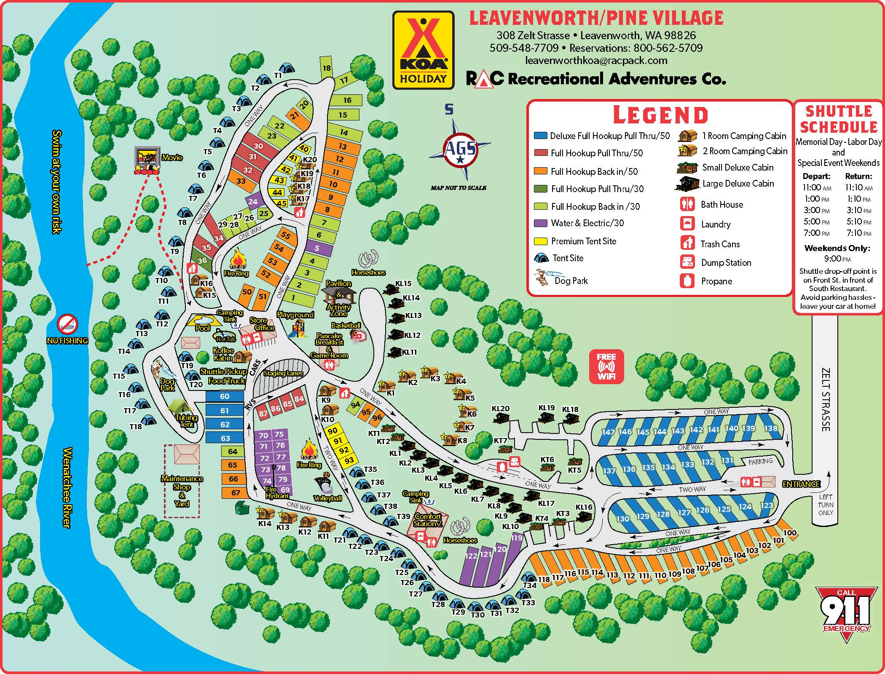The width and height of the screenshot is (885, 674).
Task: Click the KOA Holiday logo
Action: pyautogui.click(x=423, y=50)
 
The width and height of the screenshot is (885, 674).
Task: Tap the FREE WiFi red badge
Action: pyautogui.click(x=606, y=366)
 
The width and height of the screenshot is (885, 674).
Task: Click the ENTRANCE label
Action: pyautogui.click(x=801, y=484)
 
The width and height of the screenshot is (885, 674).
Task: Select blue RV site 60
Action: pyautogui.click(x=225, y=396)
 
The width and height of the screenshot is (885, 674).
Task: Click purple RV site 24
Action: pyautogui.click(x=252, y=202)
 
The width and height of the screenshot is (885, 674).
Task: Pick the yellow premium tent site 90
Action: pyautogui.click(x=333, y=431)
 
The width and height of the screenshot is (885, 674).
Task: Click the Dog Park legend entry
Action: pyautogui.click(x=571, y=281)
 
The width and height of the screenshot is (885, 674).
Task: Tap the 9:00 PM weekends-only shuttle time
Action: pyautogui.click(x=837, y=259)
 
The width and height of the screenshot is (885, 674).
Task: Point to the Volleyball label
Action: pyautogui.click(x=327, y=498)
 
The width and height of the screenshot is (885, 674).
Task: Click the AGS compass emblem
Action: pyautogui.click(x=460, y=148)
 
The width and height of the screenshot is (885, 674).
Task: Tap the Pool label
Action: pyautogui.click(x=203, y=328)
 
